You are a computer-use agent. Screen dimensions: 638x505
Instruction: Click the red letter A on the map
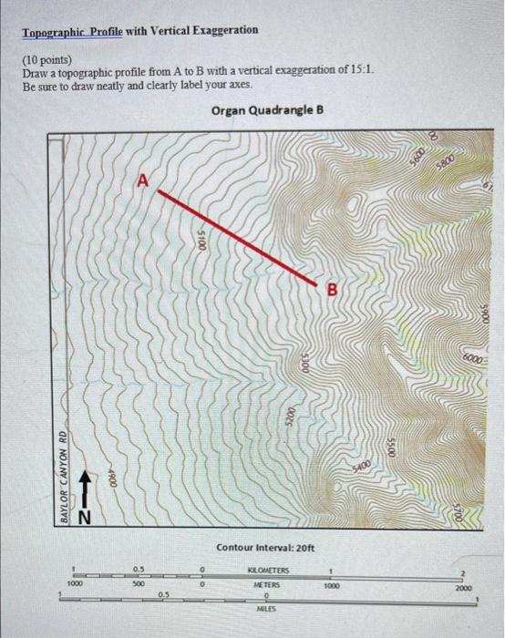[142, 180]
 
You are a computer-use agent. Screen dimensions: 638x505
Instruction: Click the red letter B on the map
[332, 290]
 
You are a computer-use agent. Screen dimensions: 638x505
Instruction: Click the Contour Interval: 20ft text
[265, 547]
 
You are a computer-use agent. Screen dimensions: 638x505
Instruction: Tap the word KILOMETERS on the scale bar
[266, 568]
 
